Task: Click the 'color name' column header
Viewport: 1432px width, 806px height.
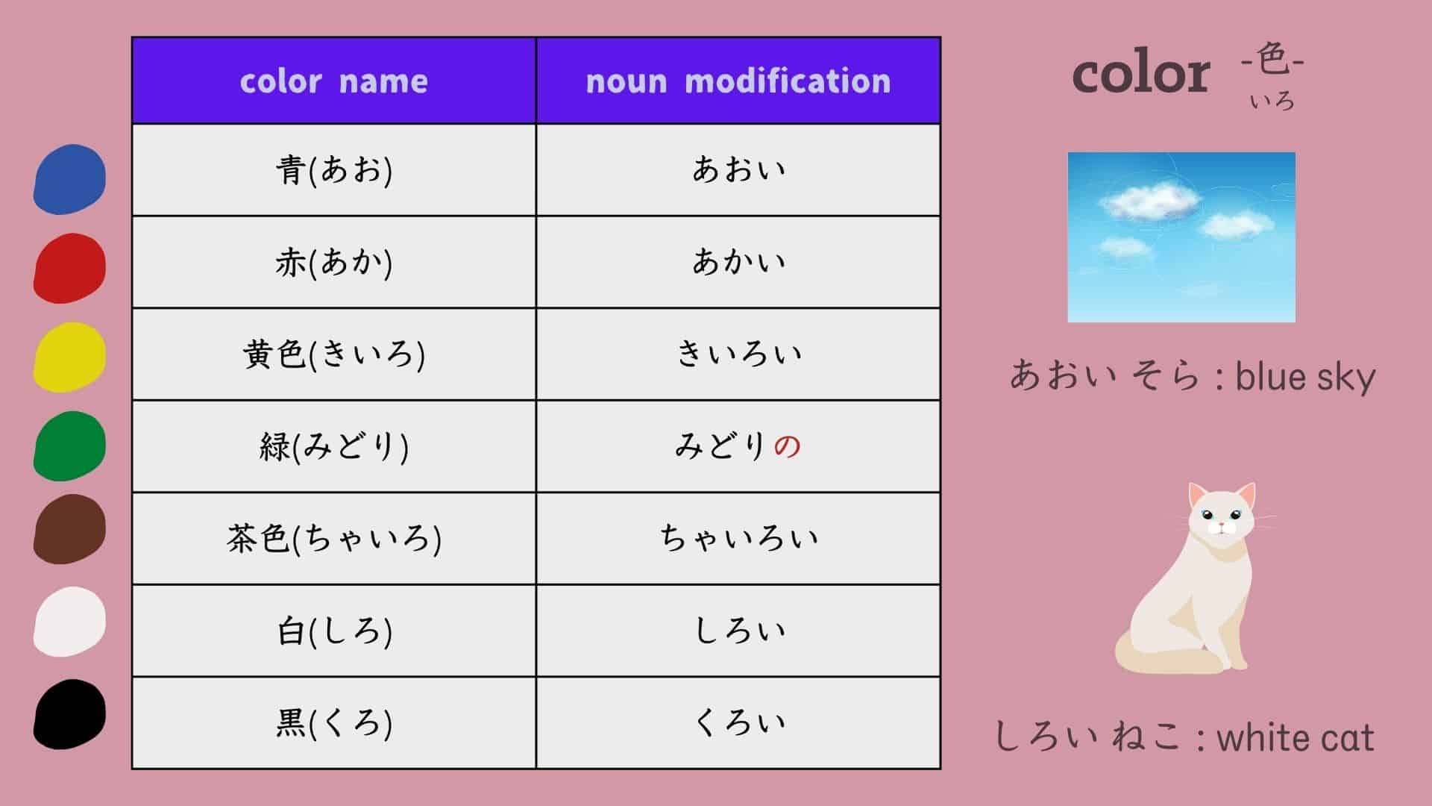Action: coord(333,81)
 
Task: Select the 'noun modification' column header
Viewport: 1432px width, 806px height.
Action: coord(738,81)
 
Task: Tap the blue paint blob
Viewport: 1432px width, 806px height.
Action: coord(69,179)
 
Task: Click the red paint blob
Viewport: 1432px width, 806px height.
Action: coord(69,268)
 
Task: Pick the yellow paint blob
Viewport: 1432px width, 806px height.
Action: coord(69,357)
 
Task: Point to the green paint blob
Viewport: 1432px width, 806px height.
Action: coord(69,446)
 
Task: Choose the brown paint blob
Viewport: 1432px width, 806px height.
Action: coord(69,529)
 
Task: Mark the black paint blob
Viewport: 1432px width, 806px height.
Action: coord(69,713)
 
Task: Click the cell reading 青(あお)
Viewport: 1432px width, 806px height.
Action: coord(333,170)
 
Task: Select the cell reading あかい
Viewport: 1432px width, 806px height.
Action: coord(738,262)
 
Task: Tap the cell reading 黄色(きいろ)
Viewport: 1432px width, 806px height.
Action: coord(333,354)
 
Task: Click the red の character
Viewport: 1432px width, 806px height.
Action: coord(787,446)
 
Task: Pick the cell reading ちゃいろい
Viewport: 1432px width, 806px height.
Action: coord(738,538)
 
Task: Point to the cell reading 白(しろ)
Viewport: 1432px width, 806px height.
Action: coord(333,631)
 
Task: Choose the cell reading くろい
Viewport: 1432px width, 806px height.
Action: coord(738,722)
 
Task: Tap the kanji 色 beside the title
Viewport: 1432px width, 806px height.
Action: coord(1272,60)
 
